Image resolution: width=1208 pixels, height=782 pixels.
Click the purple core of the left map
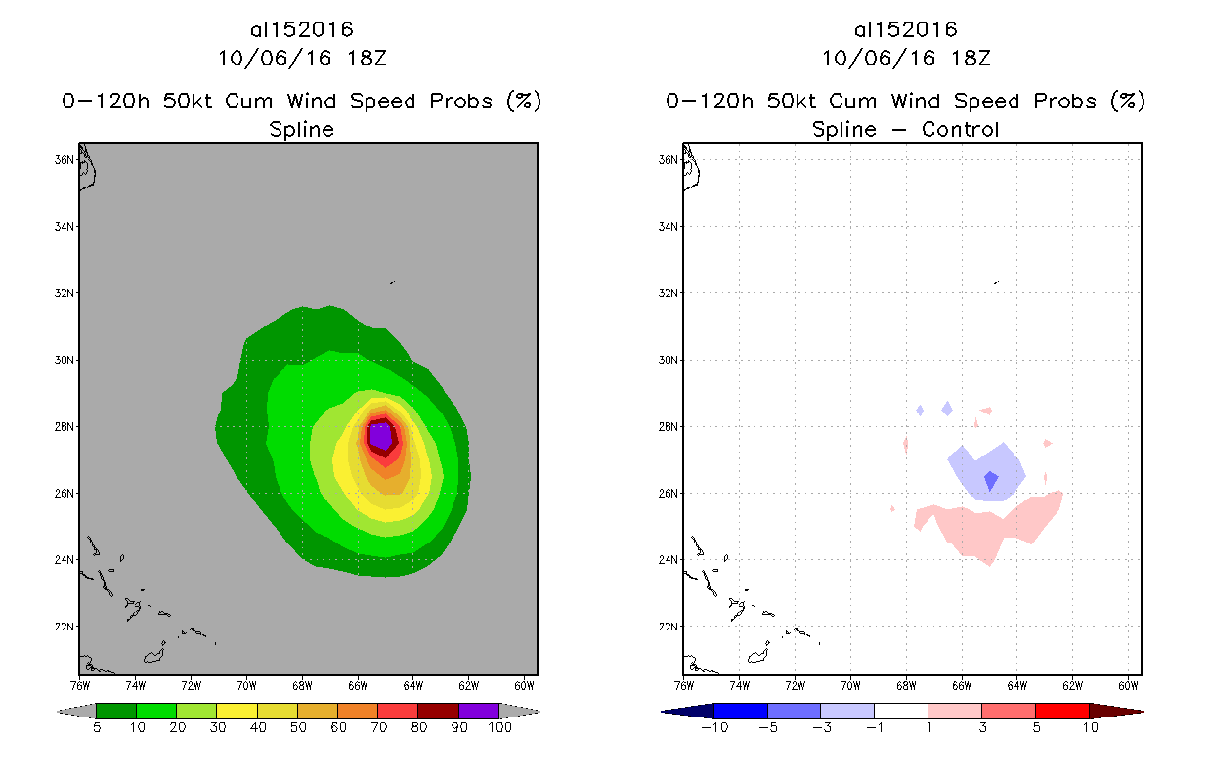pyautogui.click(x=380, y=432)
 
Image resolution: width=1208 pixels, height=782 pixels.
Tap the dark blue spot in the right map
pyautogui.click(x=991, y=481)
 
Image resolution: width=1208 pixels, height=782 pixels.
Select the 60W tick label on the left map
pyautogui.click(x=524, y=684)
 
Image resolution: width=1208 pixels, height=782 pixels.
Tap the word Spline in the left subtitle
pyautogui.click(x=301, y=129)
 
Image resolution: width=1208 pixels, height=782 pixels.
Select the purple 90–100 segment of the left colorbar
pyautogui.click(x=479, y=711)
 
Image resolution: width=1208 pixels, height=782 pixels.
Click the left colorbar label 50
pyautogui.click(x=297, y=728)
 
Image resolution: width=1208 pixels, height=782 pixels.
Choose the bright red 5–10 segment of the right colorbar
pyautogui.click(x=1061, y=711)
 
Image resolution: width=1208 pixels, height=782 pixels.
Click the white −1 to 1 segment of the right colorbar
pyautogui.click(x=901, y=711)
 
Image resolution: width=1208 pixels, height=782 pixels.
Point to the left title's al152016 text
pyautogui.click(x=301, y=30)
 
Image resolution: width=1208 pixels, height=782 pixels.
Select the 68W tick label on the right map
pyautogui.click(x=906, y=684)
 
